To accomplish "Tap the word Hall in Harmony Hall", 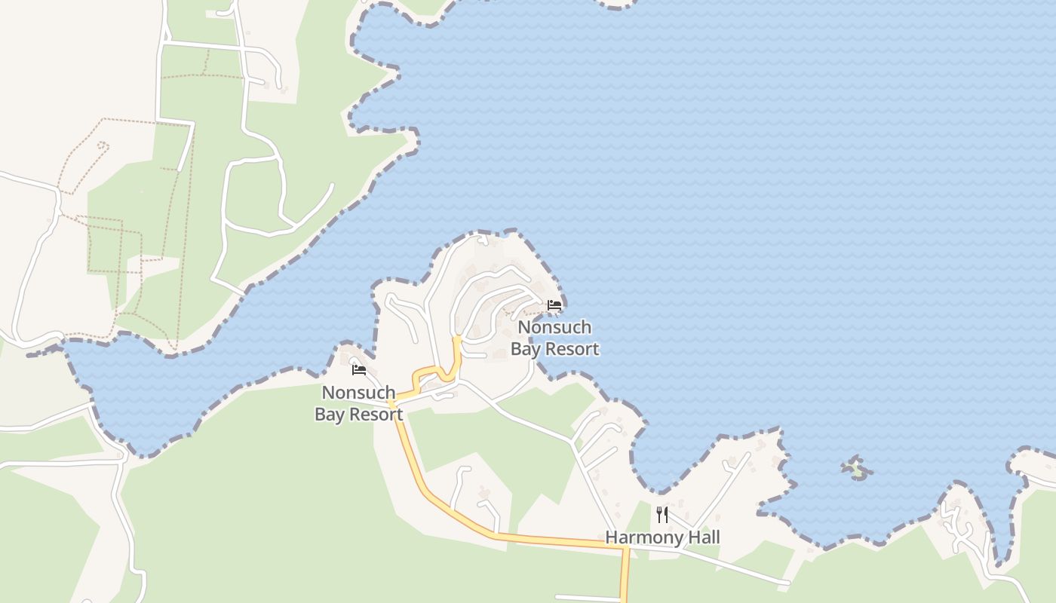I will tap(702, 537).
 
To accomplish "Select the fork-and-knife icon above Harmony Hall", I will tap(662, 515).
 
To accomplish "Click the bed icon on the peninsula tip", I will tap(554, 305).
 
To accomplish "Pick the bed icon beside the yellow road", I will tap(359, 370).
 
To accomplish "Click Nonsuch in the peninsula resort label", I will tap(554, 328).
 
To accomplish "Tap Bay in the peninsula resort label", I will tap(527, 349).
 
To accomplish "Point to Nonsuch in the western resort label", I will tap(358, 393).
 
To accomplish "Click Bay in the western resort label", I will tap(331, 415).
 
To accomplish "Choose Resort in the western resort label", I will tap(376, 415).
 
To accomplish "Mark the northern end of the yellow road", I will tap(457, 339).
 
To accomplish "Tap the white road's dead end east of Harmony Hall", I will tap(787, 583).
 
